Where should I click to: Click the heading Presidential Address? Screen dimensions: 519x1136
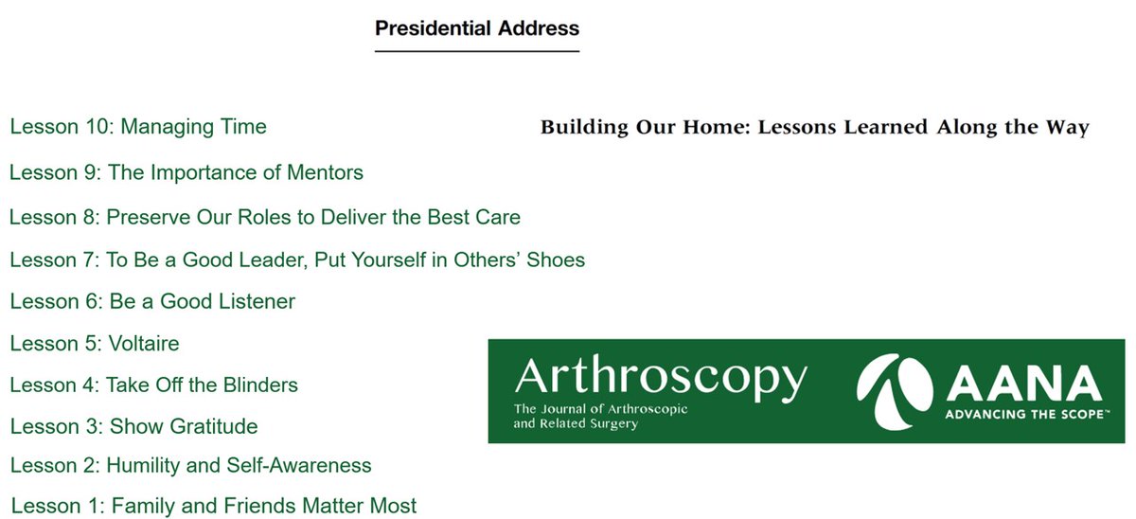click(x=477, y=27)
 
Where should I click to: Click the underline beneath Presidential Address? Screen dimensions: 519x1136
click(x=477, y=50)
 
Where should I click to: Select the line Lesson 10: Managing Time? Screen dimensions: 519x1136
click(x=138, y=127)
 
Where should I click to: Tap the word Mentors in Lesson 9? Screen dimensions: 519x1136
click(x=325, y=173)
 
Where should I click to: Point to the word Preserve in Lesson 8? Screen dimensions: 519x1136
click(x=145, y=217)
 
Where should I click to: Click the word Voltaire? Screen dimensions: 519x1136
click(x=144, y=344)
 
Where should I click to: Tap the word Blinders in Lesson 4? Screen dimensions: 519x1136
click(x=257, y=385)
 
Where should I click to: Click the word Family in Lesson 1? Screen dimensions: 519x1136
click(x=143, y=507)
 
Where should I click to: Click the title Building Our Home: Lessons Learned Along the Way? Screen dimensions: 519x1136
click(x=815, y=128)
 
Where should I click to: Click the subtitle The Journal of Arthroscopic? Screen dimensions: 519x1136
click(x=600, y=409)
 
